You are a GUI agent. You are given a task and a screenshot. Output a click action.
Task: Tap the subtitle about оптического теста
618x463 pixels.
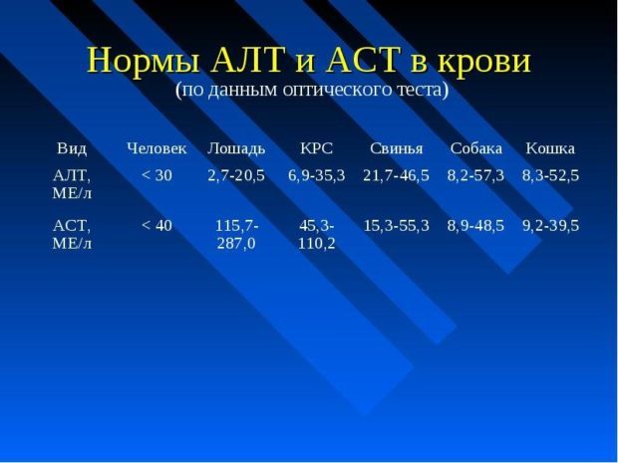point(311,90)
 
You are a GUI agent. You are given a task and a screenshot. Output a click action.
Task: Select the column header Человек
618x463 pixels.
point(156,148)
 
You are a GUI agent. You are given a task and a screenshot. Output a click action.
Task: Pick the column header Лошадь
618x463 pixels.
point(236,148)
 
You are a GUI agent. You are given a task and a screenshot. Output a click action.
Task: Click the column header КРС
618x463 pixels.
point(316,148)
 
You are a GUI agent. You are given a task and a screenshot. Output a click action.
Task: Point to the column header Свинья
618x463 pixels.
point(396,148)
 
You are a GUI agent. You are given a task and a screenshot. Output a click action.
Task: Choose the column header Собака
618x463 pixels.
point(475,148)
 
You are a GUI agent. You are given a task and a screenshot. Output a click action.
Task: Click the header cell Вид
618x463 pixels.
point(72,148)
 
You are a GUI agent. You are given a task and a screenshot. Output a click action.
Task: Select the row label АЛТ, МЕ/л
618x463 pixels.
point(72,184)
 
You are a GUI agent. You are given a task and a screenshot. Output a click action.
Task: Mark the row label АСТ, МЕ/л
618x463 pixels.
point(72,234)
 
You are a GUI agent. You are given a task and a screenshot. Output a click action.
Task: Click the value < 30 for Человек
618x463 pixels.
point(156,175)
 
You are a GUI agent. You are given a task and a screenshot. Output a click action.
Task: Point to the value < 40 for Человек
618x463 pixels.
point(156,226)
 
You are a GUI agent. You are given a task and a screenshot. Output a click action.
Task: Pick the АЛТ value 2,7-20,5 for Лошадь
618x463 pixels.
point(236,175)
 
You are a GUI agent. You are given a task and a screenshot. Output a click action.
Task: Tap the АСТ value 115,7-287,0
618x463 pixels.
point(236,234)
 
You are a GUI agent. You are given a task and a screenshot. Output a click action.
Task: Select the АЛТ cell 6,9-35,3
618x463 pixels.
point(316,175)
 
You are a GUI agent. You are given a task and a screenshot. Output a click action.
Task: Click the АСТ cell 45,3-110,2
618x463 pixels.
point(316,234)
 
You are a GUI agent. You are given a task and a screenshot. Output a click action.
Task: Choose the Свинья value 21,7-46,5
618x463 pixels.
point(396,175)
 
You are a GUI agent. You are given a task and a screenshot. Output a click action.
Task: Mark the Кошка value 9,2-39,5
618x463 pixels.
point(550,226)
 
